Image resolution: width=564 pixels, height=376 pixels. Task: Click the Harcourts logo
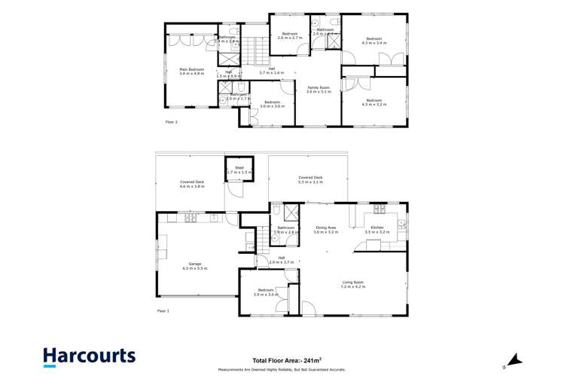click(89, 356)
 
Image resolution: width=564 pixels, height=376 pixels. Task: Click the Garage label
click(194, 265)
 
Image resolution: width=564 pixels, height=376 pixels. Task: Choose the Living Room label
click(353, 285)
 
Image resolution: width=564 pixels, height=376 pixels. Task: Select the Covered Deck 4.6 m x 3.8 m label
click(193, 184)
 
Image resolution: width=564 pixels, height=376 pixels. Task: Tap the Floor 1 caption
click(163, 310)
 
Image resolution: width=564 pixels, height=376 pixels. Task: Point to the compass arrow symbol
click(511, 357)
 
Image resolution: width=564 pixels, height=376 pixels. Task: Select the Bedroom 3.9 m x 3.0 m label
click(266, 292)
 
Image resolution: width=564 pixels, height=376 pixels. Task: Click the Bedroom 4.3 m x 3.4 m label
click(374, 41)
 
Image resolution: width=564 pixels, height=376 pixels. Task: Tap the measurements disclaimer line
click(281, 370)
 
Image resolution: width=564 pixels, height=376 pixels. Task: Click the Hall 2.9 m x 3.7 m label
click(281, 260)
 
